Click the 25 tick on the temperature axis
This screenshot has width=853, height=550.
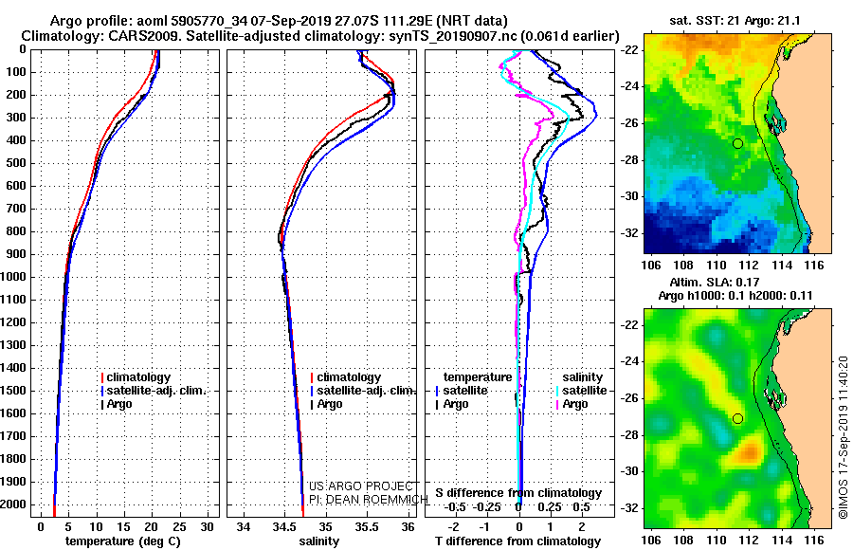179,527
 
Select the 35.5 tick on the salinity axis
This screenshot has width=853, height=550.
366,527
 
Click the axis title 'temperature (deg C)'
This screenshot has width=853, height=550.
123,541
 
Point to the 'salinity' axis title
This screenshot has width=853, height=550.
319,541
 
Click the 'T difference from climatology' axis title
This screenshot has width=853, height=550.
517,541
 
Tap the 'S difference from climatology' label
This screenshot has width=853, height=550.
518,493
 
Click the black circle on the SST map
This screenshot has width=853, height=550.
737,144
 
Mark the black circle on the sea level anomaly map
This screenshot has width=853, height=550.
737,419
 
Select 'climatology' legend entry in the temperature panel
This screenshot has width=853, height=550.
136,377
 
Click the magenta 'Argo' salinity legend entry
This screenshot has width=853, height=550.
572,404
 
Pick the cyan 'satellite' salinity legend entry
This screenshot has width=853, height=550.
581,391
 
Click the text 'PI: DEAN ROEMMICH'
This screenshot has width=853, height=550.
369,500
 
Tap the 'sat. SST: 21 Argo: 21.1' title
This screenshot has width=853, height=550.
735,21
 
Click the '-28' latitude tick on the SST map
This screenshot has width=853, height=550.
630,160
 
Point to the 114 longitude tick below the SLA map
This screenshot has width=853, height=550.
782,541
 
